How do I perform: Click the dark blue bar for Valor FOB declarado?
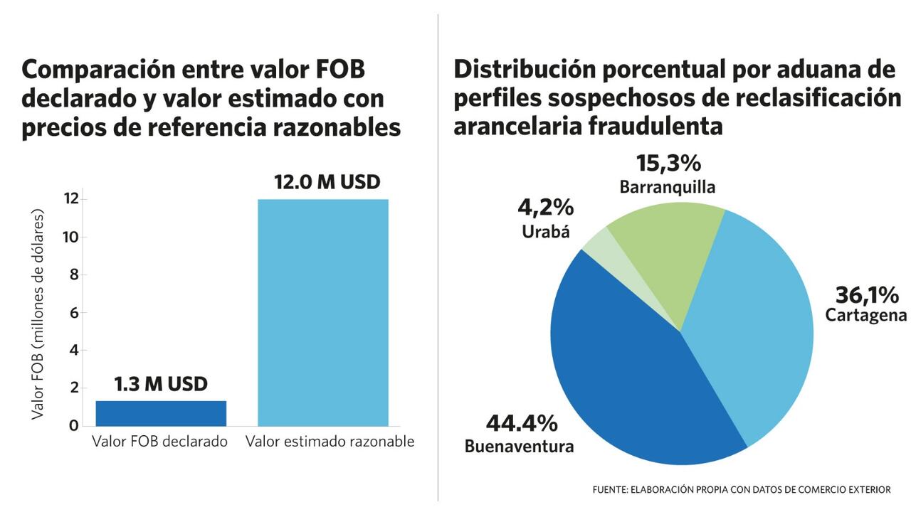pyautogui.click(x=161, y=413)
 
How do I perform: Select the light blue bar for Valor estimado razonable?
pyautogui.click(x=323, y=313)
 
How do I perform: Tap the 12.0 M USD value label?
pyautogui.click(x=327, y=182)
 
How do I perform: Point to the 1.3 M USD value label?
pyautogui.click(x=161, y=385)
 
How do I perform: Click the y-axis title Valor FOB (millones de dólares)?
pyautogui.click(x=38, y=313)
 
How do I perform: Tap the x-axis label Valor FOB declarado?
pyautogui.click(x=160, y=442)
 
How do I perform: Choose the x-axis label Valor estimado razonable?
pyautogui.click(x=330, y=442)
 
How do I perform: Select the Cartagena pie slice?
pyautogui.click(x=754, y=320)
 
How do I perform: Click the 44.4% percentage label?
pyautogui.click(x=522, y=424)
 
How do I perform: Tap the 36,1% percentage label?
pyautogui.click(x=867, y=294)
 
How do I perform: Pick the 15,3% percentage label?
pyautogui.click(x=668, y=164)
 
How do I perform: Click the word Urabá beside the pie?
pyautogui.click(x=546, y=232)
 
